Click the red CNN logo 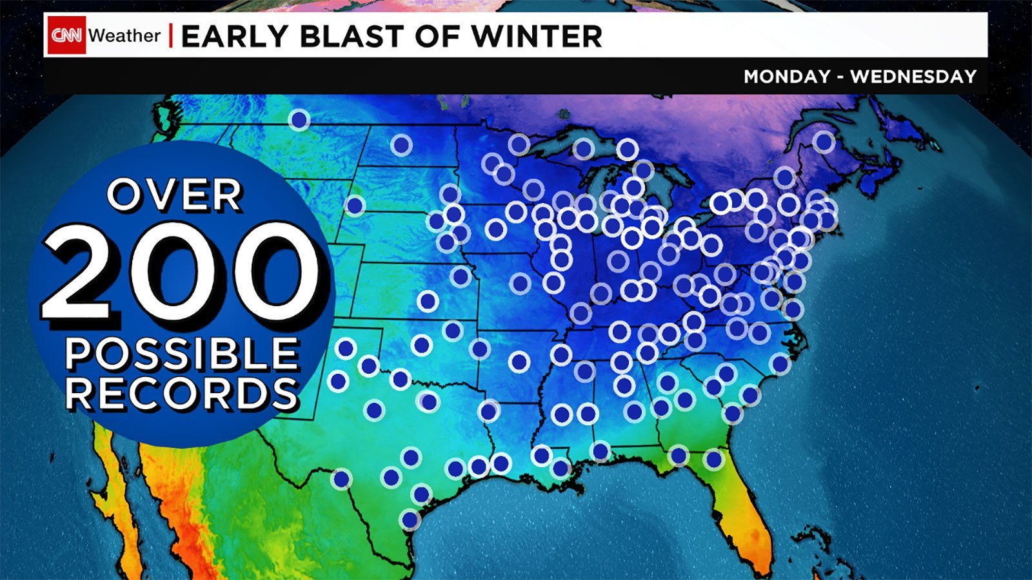(67, 35)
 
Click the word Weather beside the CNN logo (124, 35)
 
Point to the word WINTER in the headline (537, 36)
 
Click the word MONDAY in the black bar (787, 77)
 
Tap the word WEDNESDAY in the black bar (913, 77)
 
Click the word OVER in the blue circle (175, 195)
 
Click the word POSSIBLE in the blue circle (182, 354)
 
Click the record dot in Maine (824, 141)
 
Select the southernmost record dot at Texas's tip (410, 519)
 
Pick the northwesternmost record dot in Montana (299, 119)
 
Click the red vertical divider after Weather (171, 35)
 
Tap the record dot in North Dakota (401, 145)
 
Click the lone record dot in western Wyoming (354, 206)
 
